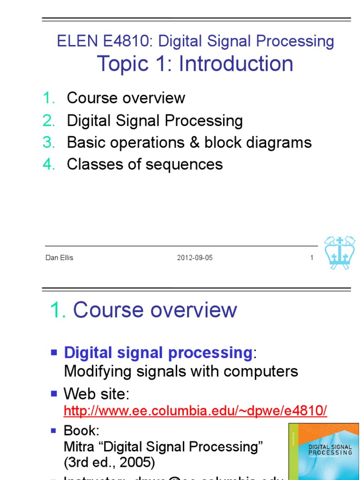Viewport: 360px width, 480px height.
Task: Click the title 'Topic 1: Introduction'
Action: [195, 63]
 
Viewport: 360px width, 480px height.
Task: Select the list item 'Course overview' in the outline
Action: [126, 98]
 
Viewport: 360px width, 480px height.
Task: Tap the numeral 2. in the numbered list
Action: [49, 120]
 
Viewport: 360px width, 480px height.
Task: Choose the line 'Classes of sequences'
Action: [144, 164]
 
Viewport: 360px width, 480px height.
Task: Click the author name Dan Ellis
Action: [59, 258]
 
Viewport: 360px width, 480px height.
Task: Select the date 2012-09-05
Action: [195, 258]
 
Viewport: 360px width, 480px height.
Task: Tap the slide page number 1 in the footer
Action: [311, 258]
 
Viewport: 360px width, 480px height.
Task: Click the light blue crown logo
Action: [340, 253]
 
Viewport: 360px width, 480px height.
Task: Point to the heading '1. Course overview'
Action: [143, 310]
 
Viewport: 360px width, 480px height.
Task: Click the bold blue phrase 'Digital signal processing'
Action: [158, 352]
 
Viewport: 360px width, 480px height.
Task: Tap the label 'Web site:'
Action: [96, 393]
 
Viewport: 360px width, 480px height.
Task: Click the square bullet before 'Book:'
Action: [54, 430]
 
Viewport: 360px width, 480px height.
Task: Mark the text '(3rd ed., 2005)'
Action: [109, 463]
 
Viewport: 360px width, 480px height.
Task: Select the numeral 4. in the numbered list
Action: [49, 165]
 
